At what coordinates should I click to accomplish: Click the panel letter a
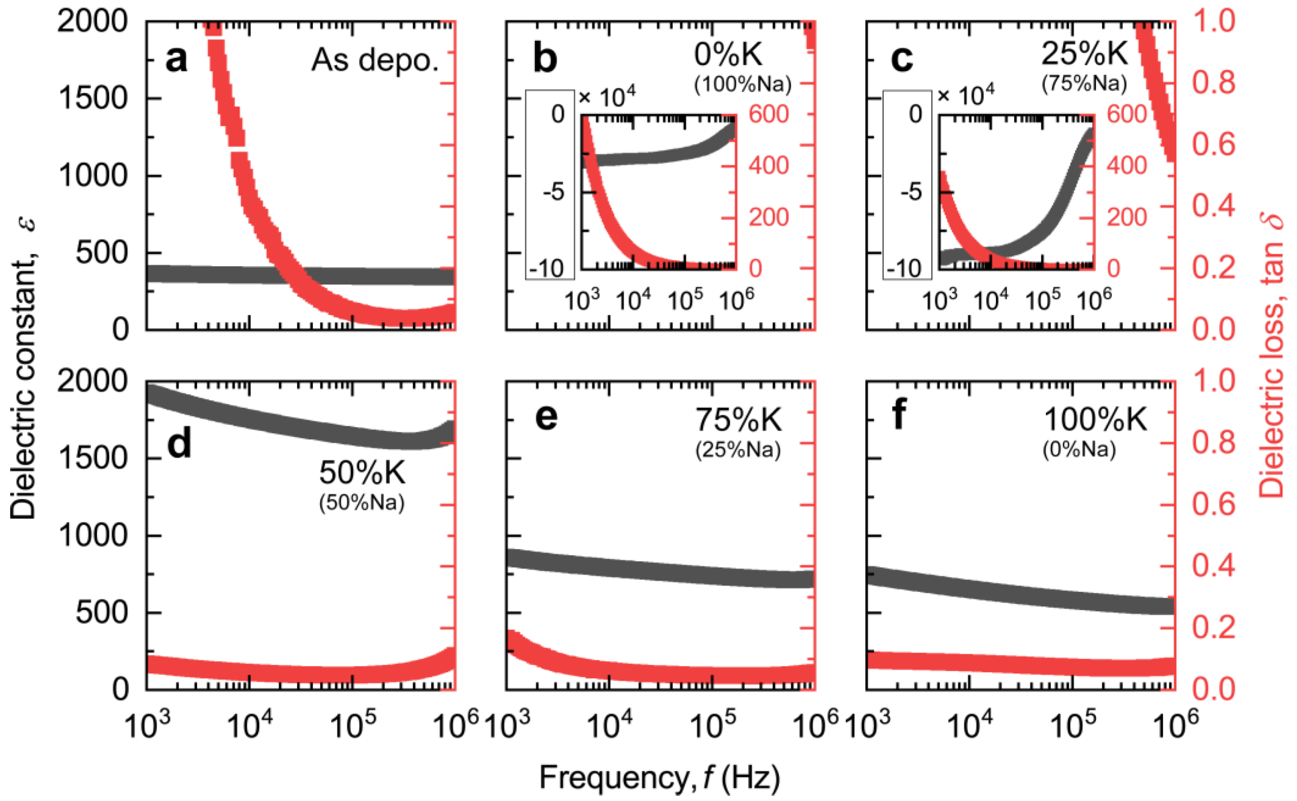click(176, 59)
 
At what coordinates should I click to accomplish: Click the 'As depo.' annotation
click(375, 61)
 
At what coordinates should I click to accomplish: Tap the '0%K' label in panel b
click(728, 54)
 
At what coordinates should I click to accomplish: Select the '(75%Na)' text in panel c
click(1084, 84)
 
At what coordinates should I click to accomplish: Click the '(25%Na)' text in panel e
click(738, 450)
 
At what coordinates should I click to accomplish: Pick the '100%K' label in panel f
click(1095, 420)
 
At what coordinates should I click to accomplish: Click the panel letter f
click(899, 415)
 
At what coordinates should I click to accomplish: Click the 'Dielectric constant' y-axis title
click(24, 371)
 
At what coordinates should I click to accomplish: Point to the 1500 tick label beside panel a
click(93, 99)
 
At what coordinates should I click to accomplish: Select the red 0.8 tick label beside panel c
click(1213, 83)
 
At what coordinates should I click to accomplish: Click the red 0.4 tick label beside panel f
click(1213, 565)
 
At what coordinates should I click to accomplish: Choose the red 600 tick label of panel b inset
click(768, 114)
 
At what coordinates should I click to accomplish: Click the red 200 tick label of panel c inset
click(1126, 217)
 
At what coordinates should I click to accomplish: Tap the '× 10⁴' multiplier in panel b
click(607, 97)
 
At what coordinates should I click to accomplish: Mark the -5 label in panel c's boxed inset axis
click(911, 193)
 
